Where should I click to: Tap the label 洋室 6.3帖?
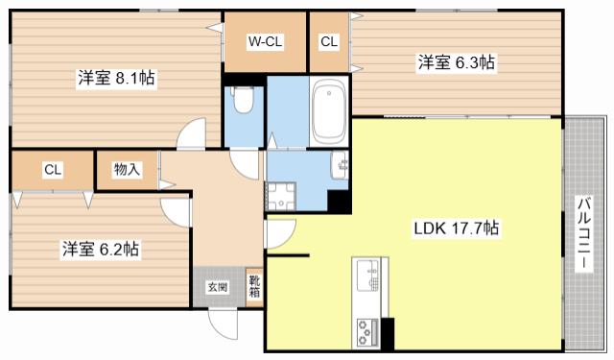point(456,62)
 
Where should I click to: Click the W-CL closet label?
point(264,42)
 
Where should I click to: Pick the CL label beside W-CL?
point(329,42)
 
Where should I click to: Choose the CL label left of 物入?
point(52,170)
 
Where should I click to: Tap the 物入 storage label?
point(127,170)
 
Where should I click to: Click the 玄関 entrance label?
point(217,287)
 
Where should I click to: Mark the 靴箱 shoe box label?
point(254,287)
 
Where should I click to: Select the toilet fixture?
point(244,101)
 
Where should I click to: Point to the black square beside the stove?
point(389,331)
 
